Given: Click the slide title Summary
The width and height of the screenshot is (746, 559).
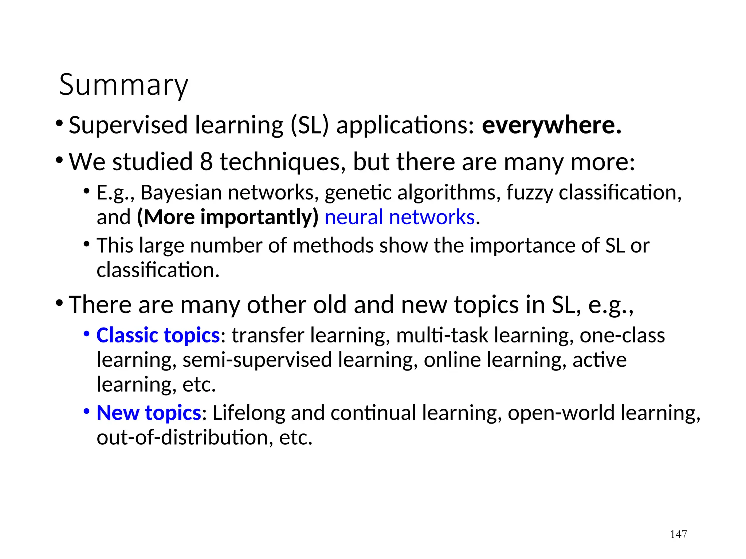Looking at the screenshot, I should tap(123, 85).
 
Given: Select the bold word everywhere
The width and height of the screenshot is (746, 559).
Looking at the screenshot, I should tap(551, 125).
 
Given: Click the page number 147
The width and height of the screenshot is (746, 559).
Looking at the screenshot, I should tap(678, 534).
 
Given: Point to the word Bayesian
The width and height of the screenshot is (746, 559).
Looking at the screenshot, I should tap(181, 193).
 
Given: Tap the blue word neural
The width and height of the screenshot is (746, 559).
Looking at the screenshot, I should tap(353, 217).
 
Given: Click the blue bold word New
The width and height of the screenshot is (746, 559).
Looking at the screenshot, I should tap(118, 413).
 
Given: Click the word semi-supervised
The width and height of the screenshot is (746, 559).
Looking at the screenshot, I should tap(257, 360).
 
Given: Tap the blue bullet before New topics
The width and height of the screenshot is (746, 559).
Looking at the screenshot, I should tap(87, 412).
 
